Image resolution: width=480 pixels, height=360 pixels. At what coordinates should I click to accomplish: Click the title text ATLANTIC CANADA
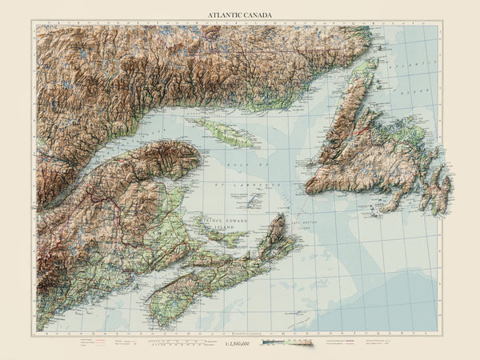239,14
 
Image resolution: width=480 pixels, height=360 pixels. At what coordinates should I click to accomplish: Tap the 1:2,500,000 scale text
238,343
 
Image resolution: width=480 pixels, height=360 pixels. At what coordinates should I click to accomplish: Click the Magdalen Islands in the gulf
256,197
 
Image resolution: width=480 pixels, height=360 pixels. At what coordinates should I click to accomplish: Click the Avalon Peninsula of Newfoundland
438,192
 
